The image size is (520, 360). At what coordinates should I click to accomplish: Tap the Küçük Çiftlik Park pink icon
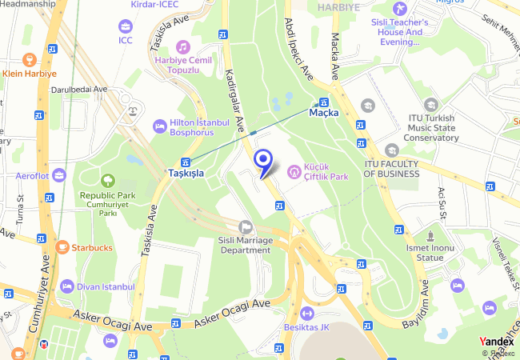point(295,171)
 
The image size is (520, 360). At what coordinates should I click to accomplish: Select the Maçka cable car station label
point(324,113)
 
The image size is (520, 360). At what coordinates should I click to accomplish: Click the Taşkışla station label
point(186,172)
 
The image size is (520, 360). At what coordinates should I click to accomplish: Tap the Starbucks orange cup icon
point(62,247)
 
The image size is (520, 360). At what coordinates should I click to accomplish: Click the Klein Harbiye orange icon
point(30,59)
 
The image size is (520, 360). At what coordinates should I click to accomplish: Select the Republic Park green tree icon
point(107,181)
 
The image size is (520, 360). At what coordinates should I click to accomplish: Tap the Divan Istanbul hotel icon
point(67,286)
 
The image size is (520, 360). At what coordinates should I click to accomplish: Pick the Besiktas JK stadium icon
point(307,313)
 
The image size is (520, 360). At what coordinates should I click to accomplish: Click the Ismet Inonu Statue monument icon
point(430,238)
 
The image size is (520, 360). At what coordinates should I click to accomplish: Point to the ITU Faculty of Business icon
point(391,150)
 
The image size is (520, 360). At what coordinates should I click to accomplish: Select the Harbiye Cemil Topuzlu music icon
point(183,47)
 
